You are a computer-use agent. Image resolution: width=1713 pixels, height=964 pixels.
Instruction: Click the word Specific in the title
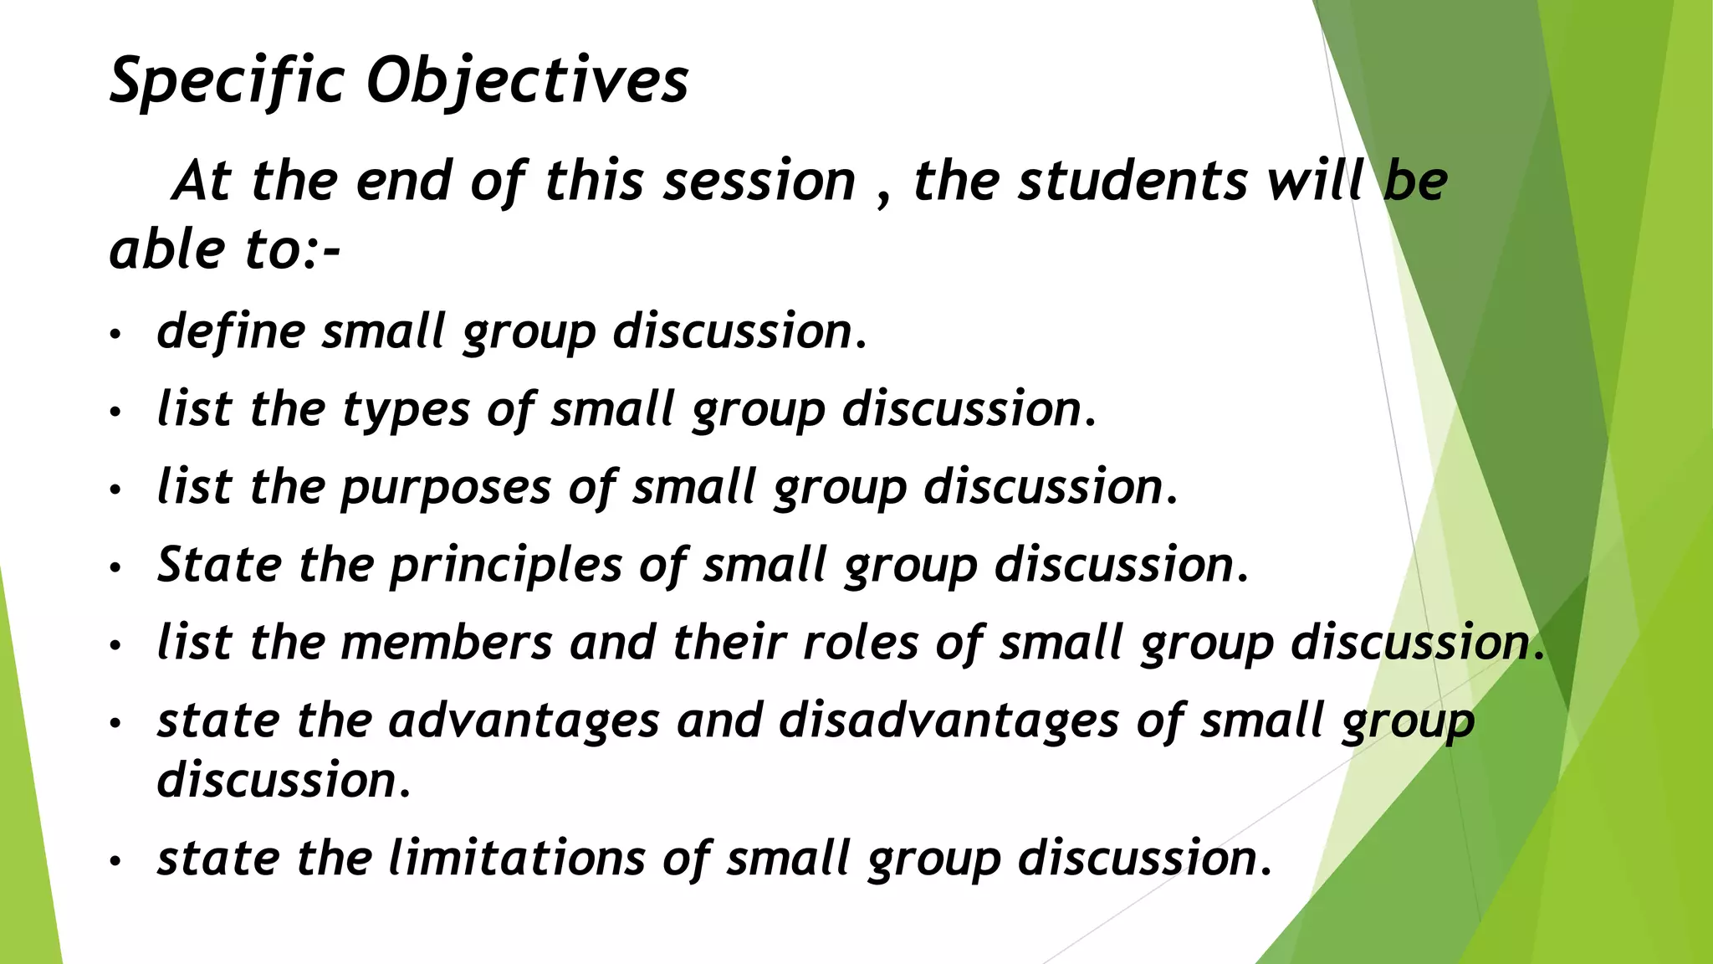(x=227, y=81)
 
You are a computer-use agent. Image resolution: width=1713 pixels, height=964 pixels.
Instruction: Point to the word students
(x=1132, y=181)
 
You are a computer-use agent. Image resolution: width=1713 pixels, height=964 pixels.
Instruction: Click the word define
(x=232, y=331)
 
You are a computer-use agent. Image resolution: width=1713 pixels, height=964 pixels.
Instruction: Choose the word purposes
(x=446, y=488)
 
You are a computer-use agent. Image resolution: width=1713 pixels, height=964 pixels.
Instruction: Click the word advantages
(x=524, y=721)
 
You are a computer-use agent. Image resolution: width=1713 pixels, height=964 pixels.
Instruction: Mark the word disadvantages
(x=949, y=720)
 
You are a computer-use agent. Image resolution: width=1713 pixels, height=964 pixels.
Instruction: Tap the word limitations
(x=517, y=859)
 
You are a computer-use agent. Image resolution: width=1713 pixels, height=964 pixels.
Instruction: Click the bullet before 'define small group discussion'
(x=115, y=335)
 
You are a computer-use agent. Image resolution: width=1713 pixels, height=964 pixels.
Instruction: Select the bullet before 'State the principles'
(x=115, y=568)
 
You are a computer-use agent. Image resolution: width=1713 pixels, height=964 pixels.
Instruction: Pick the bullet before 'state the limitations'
(x=115, y=861)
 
